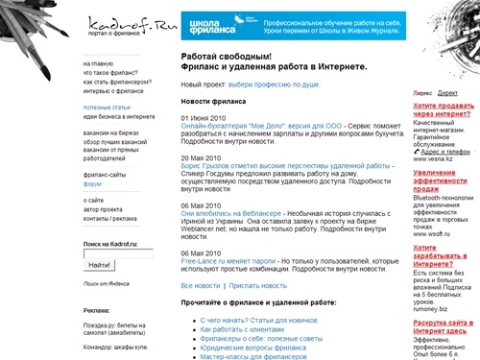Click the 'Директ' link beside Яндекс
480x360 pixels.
(446, 92)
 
